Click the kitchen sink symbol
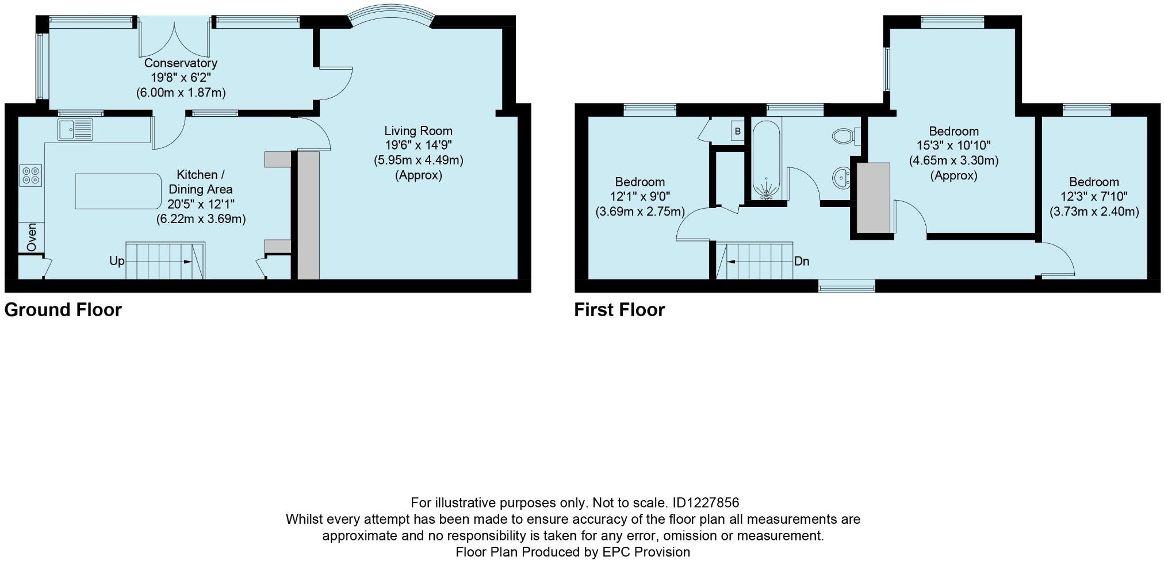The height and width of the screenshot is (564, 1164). [75, 129]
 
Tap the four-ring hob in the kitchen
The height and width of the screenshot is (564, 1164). [31, 175]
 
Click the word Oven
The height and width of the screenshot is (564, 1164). [32, 237]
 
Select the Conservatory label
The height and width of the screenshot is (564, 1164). [181, 63]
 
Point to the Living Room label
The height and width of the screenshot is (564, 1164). [418, 131]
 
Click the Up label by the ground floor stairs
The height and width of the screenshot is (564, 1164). [117, 261]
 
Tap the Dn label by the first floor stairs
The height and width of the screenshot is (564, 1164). [802, 261]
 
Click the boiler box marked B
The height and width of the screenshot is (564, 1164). [737, 132]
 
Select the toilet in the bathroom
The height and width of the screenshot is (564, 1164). [844, 136]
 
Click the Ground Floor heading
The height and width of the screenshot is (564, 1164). [63, 310]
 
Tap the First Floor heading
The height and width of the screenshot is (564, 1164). [619, 310]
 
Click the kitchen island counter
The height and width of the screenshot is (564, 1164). [118, 191]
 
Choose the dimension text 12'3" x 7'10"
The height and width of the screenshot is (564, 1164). [1094, 197]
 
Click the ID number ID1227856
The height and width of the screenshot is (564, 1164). [705, 503]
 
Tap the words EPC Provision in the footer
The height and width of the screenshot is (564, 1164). [646, 552]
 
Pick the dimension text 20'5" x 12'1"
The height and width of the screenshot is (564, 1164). [201, 204]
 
